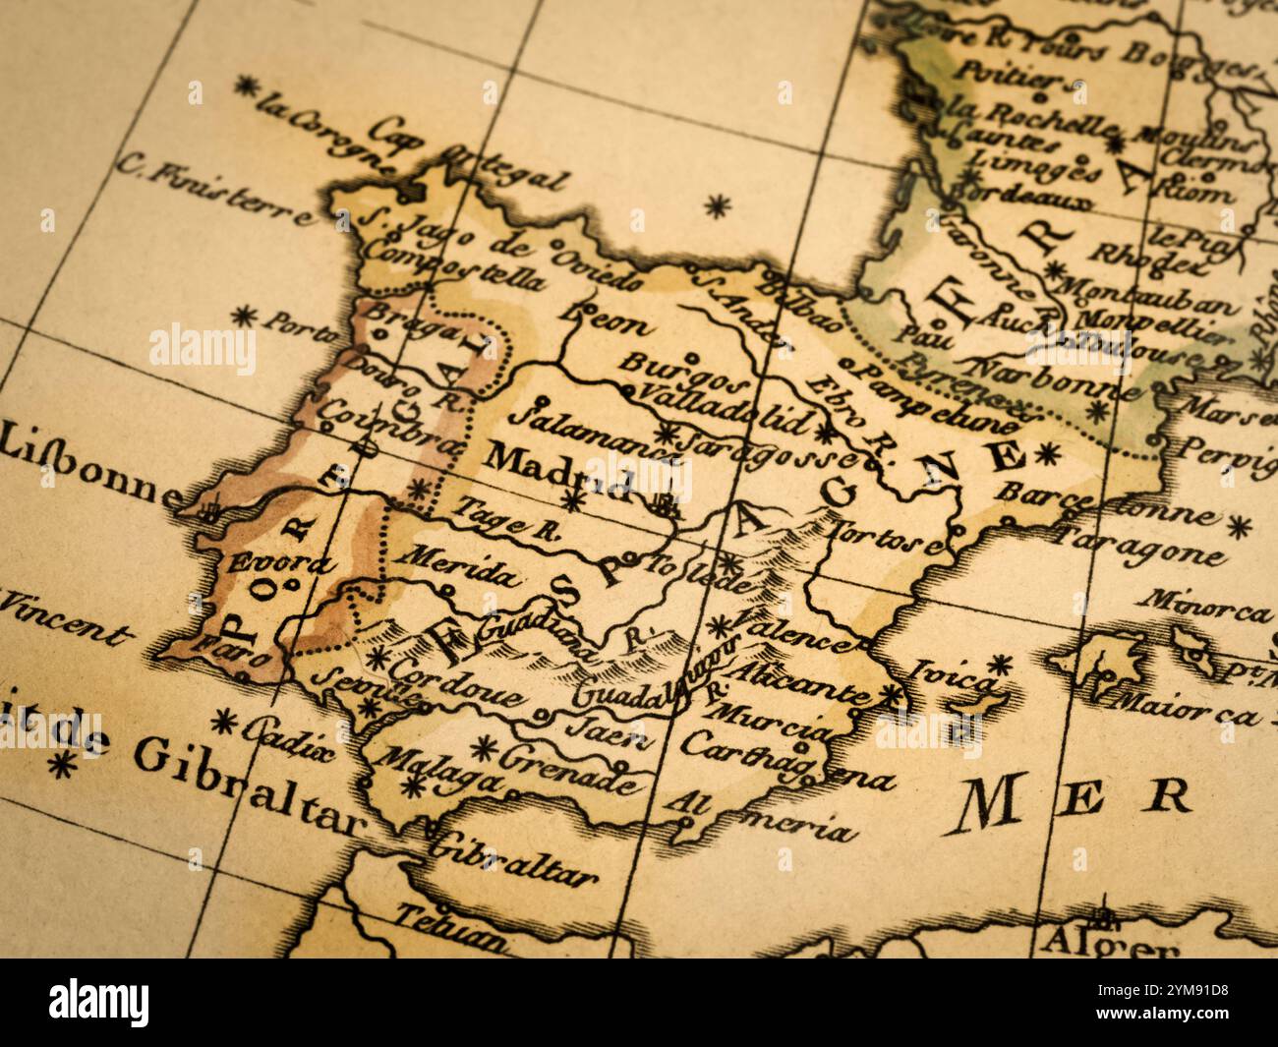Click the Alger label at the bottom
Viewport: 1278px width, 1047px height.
coord(1109,945)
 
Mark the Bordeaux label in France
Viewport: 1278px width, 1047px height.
coord(1032,194)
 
